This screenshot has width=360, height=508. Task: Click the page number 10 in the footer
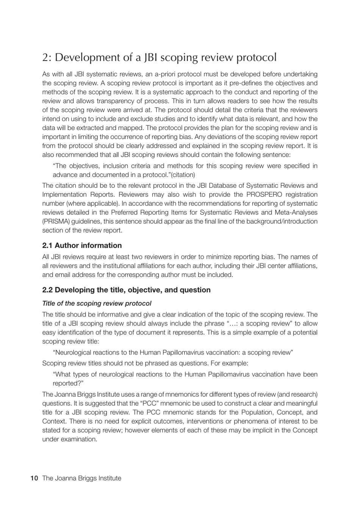pos(34,478)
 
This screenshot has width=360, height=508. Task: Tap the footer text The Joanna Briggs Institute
pos(82,478)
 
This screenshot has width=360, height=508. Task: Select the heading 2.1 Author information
pos(82,245)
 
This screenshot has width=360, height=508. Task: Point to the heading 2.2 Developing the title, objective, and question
pos(126,290)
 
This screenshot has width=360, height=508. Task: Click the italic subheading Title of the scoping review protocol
pos(97,303)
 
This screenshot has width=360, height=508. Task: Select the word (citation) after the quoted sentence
pos(183,175)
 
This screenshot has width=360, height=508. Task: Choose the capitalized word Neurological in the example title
pos(74,353)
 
